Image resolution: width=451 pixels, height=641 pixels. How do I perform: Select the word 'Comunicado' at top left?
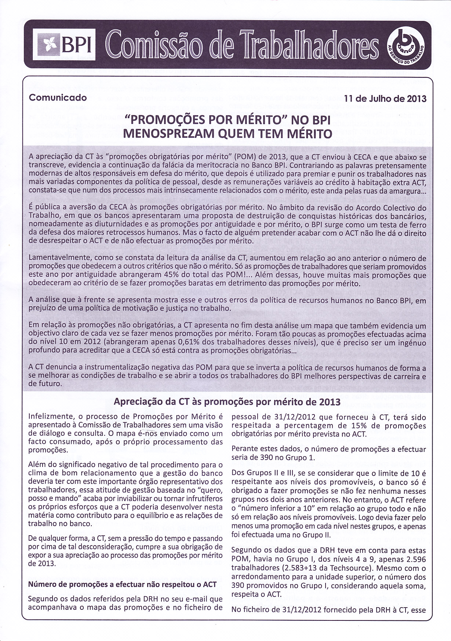point(58,98)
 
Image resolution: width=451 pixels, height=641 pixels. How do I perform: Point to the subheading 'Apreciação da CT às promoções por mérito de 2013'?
point(227,402)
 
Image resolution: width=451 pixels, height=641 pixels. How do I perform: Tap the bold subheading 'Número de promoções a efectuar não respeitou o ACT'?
point(123,584)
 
